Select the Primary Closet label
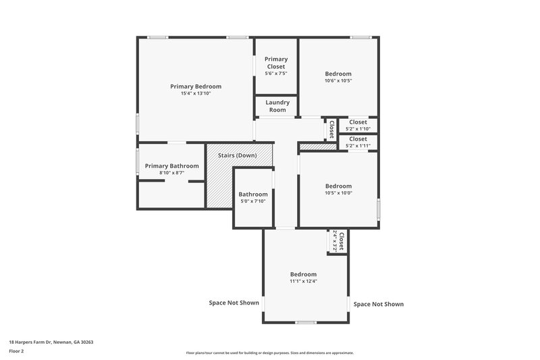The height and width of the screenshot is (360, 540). coord(275,63)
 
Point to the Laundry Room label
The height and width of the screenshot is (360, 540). coord(277,106)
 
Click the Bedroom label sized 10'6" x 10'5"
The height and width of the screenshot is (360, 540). coord(338,74)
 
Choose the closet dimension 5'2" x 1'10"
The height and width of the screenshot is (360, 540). coord(358,128)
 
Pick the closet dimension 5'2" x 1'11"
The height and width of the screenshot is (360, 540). coord(358,145)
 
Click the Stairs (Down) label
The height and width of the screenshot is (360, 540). coord(237,155)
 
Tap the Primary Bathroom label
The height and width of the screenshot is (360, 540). coord(171,166)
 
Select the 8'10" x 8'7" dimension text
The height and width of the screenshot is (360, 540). coord(171,173)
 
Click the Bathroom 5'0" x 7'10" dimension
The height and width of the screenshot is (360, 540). coord(253,201)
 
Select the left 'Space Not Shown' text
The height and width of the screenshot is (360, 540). coord(234,303)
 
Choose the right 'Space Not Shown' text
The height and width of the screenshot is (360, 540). coord(379,304)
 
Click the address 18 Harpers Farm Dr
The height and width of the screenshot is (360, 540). coord(51,342)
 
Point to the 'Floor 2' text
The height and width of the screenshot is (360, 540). coord(17,351)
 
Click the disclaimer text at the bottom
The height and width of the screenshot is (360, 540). coord(269,353)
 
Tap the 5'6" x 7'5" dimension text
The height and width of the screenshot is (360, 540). coord(275,73)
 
